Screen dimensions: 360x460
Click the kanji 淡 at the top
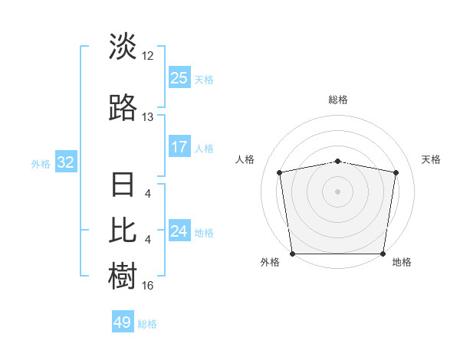[123, 47]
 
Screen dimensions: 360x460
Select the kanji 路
[123, 108]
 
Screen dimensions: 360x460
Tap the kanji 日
[123, 186]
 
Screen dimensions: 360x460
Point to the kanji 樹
[123, 275]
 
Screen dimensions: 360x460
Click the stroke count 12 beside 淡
[148, 56]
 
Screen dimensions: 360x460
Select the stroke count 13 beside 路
[148, 117]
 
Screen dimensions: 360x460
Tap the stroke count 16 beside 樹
[148, 286]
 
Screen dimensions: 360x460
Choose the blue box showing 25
[179, 78]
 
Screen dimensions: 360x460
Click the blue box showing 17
[179, 147]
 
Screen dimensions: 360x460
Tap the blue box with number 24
[179, 231]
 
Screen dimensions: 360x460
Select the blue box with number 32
[65, 162]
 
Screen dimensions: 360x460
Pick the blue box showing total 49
[123, 322]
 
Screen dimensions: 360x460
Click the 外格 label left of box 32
[41, 163]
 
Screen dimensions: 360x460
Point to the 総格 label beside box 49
[147, 324]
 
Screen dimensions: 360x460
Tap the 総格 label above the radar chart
[337, 100]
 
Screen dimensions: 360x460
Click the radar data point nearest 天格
[396, 172]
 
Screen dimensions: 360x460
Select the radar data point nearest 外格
[292, 253]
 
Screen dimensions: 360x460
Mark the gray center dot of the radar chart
[337, 191]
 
